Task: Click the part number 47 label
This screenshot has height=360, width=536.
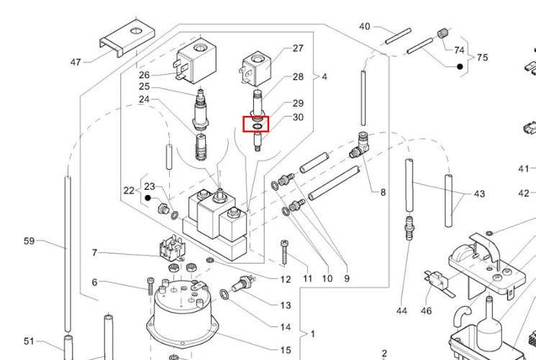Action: [76, 62]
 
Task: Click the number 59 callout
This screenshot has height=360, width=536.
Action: [29, 241]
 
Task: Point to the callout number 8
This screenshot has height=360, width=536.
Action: [383, 192]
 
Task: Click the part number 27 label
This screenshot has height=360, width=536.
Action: [298, 48]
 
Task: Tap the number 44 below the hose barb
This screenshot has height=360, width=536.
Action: [401, 311]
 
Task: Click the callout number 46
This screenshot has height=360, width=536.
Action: [426, 311]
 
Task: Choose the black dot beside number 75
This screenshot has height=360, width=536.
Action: [459, 66]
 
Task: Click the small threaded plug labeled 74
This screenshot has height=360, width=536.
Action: [443, 33]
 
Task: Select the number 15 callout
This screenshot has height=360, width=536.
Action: [286, 350]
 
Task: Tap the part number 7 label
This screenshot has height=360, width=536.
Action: [94, 253]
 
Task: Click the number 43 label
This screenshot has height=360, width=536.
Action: [478, 194]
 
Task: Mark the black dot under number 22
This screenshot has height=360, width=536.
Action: [148, 197]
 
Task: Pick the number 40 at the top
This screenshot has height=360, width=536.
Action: [365, 27]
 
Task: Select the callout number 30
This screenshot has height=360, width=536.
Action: [298, 117]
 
